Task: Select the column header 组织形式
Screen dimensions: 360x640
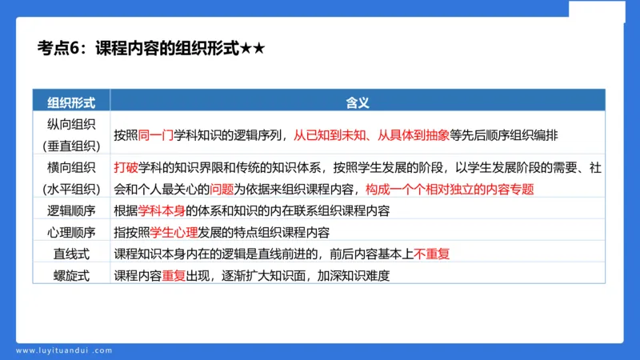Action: [71, 102]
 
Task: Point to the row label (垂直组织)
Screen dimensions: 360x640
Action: [71, 146]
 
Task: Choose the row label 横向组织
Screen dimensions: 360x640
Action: [71, 168]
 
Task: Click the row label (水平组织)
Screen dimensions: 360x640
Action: [71, 190]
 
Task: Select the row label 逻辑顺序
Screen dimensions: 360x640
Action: [71, 211]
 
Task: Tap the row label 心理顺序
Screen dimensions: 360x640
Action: [71, 233]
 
